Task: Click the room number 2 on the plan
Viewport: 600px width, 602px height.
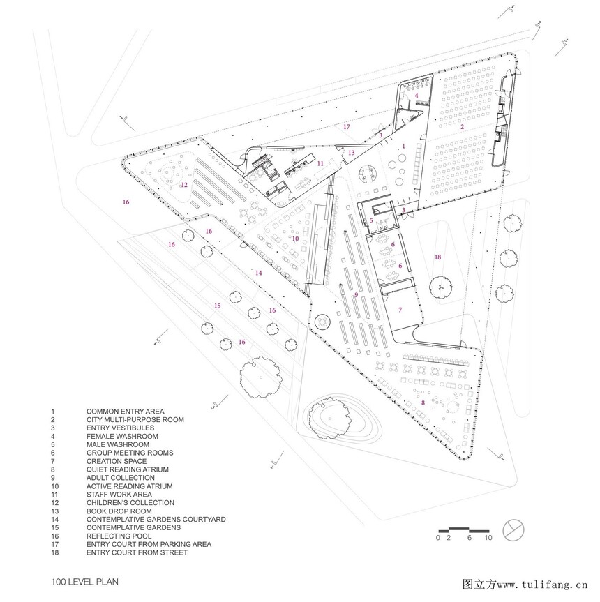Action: (462, 127)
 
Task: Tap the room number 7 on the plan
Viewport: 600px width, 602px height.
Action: (400, 310)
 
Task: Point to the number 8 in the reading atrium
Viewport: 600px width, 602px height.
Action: (423, 402)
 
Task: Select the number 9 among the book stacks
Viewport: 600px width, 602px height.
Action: (357, 295)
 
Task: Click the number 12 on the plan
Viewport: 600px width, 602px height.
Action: (184, 185)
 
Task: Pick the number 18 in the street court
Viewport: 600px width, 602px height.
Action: (438, 257)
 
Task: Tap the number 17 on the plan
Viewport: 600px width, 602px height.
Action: (347, 127)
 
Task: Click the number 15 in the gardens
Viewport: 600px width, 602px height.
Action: (218, 306)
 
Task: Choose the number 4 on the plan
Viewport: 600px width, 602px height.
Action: (416, 96)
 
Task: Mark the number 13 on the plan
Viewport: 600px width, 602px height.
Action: (351, 153)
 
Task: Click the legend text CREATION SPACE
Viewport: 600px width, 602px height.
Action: (117, 461)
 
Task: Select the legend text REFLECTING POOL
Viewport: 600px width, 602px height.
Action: (119, 536)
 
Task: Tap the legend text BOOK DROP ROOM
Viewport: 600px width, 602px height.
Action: (119, 511)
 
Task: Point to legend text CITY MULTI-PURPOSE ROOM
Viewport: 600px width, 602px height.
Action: (135, 420)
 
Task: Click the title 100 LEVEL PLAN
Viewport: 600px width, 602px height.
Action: (85, 582)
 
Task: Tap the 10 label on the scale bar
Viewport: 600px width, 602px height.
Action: (488, 538)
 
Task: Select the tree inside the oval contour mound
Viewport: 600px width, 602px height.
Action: (330, 416)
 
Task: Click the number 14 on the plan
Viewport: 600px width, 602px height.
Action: (258, 273)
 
